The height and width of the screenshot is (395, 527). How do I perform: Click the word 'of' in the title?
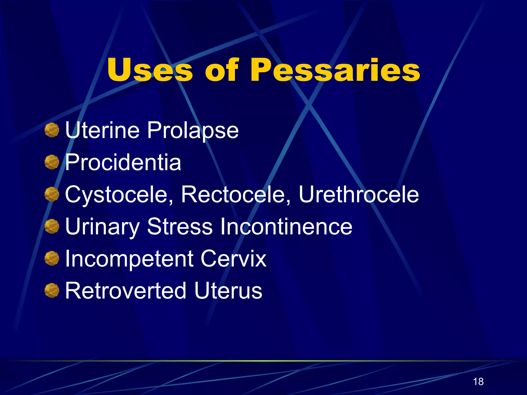click(x=222, y=70)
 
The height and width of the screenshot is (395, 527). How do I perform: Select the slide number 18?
click(x=478, y=382)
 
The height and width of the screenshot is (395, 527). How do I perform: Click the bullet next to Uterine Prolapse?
click(x=52, y=130)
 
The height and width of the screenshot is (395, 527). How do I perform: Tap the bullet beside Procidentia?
click(x=52, y=162)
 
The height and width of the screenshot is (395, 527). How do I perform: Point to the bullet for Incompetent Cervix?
click(x=52, y=258)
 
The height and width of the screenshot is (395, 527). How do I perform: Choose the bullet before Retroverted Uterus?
click(x=52, y=291)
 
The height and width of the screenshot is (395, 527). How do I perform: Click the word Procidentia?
click(x=123, y=162)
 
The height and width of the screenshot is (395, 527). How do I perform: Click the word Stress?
click(x=180, y=226)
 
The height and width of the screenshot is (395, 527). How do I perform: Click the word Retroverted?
click(x=125, y=291)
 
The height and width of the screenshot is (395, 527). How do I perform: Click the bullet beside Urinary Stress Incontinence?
click(x=52, y=226)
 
